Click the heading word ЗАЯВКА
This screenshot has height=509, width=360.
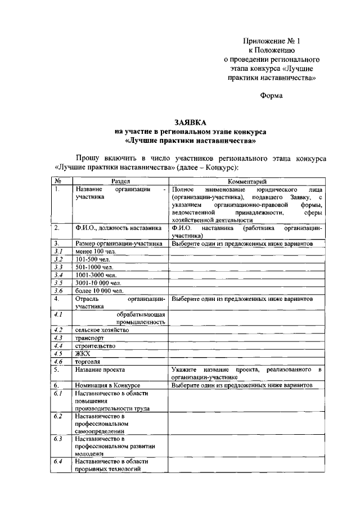point(190,121)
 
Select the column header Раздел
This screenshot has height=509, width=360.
point(120,182)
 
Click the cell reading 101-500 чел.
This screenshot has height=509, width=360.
point(92,259)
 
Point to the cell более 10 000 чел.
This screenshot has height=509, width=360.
point(98,291)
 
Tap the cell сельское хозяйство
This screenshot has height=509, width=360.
point(102,330)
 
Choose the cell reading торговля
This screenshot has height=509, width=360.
point(88,362)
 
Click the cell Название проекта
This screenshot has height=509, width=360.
point(100,370)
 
